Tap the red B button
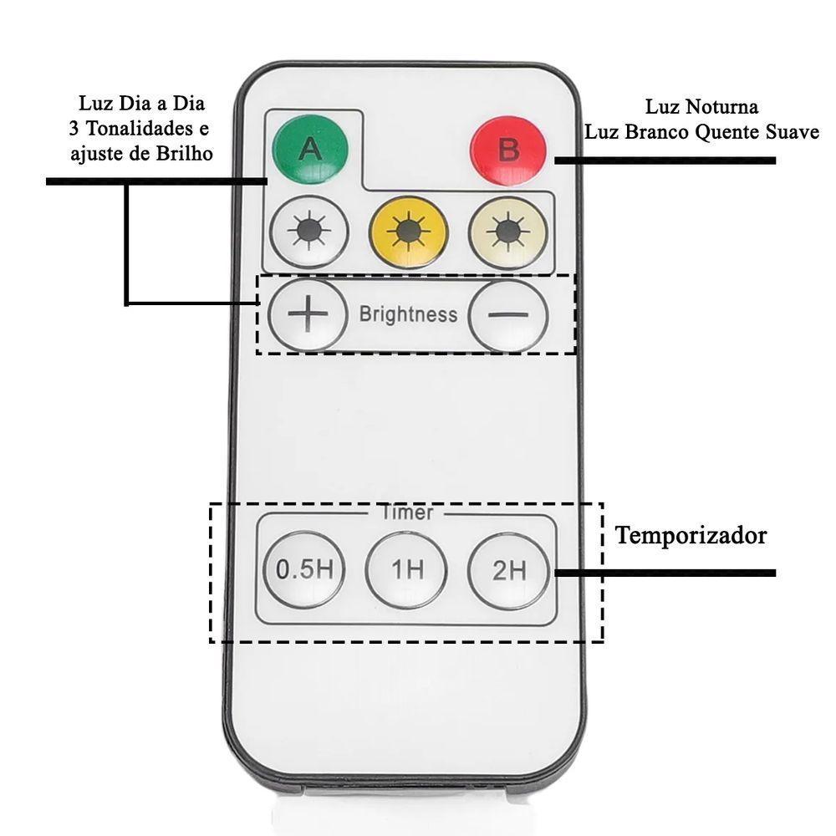(x=508, y=150)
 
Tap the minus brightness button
(x=508, y=314)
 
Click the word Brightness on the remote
(x=408, y=314)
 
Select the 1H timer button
(x=407, y=570)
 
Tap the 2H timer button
(x=508, y=570)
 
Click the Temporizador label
(x=691, y=536)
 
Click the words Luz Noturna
(x=701, y=107)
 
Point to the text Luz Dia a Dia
(x=142, y=104)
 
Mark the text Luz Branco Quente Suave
(x=701, y=132)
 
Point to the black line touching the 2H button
(x=665, y=573)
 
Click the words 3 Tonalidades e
(x=139, y=129)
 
